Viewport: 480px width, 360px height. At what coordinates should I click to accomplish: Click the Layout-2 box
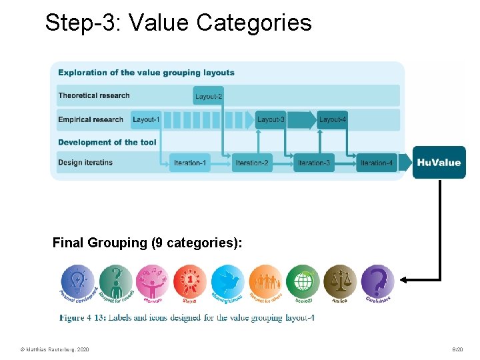point(209,96)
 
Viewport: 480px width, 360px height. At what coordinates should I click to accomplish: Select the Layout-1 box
point(146,120)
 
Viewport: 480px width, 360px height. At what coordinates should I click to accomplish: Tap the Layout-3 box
point(271,120)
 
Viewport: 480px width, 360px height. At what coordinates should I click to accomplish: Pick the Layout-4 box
point(332,120)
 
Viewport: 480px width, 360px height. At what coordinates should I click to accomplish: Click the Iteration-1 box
point(190,163)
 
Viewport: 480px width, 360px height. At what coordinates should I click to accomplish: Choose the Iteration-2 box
point(252,163)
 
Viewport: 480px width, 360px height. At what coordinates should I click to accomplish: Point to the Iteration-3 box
point(314,163)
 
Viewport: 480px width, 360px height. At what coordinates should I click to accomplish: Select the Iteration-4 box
point(377,163)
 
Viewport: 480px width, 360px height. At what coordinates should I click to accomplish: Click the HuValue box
point(439,163)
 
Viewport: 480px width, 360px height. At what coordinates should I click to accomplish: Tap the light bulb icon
point(77,281)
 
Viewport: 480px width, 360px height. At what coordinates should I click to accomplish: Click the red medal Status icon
point(190,281)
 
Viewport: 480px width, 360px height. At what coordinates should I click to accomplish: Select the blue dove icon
point(227,281)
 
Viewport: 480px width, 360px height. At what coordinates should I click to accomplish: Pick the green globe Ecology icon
point(303,281)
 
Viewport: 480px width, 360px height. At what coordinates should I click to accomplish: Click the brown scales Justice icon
point(340,281)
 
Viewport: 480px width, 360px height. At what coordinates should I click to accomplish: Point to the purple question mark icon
point(378,281)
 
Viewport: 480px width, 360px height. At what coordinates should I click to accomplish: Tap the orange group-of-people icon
point(265,281)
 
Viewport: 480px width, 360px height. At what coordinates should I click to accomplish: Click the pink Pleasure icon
point(152,281)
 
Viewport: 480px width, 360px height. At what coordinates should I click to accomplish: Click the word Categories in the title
point(254,23)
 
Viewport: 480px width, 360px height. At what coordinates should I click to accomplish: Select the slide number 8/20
point(457,349)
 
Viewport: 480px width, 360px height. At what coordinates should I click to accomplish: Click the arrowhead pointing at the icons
point(407,279)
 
